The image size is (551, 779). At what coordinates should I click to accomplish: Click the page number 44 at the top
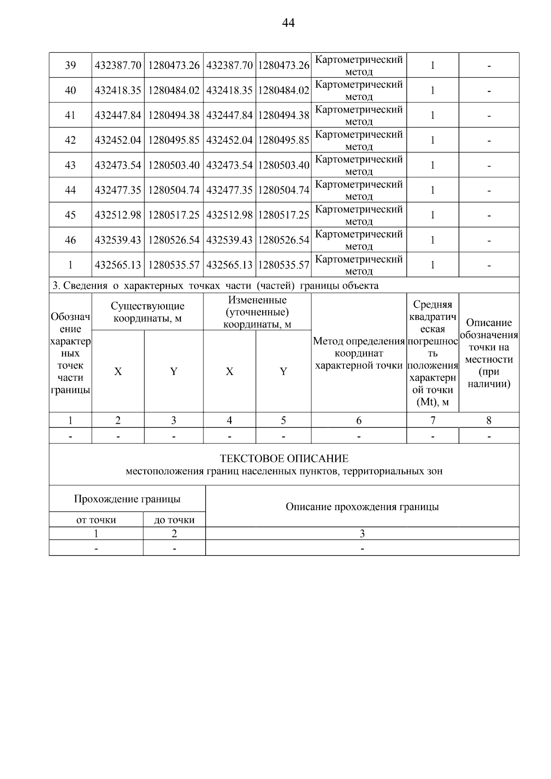288,23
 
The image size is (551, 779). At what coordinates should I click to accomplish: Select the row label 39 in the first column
70,65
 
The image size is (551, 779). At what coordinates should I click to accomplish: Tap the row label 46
70,240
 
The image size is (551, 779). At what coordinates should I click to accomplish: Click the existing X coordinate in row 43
118,165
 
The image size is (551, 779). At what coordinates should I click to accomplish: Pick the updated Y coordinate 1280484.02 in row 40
283,90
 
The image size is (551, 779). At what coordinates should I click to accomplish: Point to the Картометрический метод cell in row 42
359,140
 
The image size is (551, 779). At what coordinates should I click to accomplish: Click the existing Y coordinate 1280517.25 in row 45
174,215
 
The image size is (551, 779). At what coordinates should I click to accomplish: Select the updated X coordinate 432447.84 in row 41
229,115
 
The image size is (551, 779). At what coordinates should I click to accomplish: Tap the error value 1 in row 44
432,190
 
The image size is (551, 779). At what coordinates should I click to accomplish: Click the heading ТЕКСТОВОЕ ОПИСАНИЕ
284,459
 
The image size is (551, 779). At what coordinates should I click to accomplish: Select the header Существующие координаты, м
147,312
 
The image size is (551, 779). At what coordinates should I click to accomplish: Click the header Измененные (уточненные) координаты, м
257,312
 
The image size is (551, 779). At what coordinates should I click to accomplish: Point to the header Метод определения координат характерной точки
359,353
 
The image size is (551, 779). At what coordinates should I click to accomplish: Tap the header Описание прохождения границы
362,507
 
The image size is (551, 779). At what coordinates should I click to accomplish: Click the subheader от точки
96,520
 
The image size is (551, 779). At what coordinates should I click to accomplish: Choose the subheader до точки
174,520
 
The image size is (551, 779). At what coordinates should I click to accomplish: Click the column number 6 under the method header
359,420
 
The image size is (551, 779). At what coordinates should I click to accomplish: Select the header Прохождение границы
127,499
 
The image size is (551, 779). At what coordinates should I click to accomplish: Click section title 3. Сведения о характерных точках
215,286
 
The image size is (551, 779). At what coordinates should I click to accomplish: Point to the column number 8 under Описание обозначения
489,420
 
